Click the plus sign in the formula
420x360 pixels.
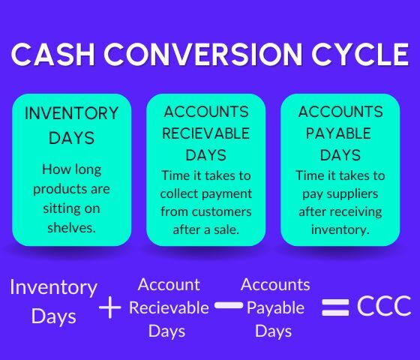(110, 307)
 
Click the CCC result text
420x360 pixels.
(384, 306)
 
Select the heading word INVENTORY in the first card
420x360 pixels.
(72, 114)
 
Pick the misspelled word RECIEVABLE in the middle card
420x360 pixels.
(205, 133)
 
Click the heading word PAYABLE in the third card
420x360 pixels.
(340, 133)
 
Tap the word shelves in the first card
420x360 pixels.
(72, 227)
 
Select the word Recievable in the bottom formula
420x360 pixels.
(169, 307)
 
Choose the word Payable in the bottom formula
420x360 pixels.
(275, 307)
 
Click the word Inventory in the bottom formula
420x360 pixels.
(53, 287)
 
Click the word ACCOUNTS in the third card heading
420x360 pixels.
(340, 112)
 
